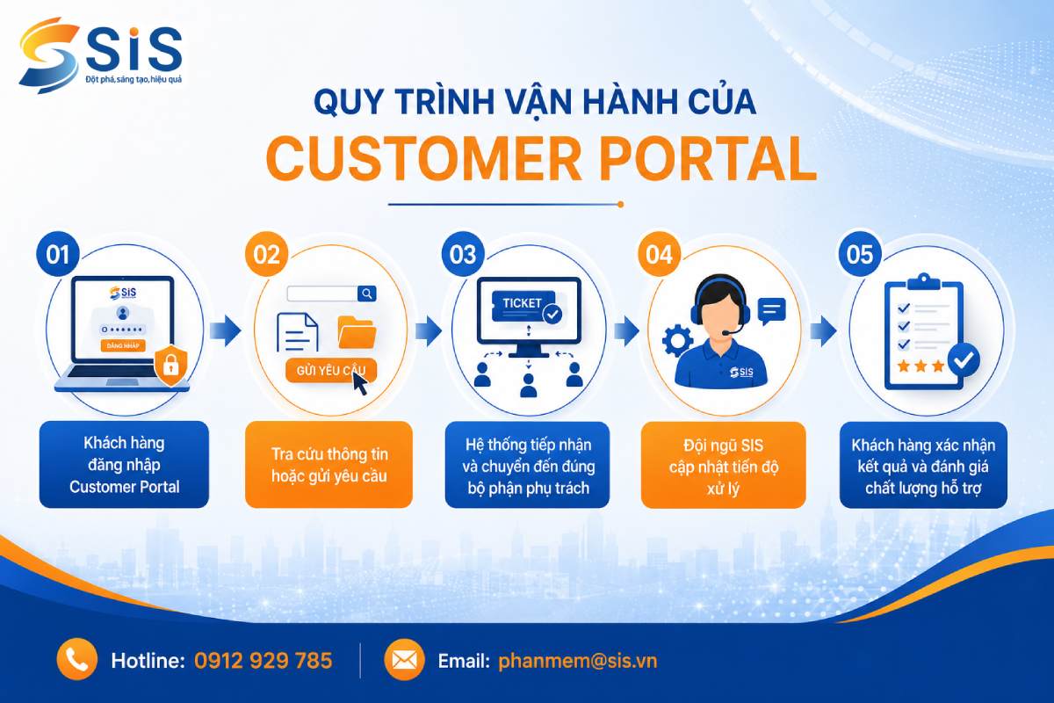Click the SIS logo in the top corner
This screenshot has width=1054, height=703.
pos(100,55)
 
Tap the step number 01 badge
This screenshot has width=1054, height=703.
pos(58,255)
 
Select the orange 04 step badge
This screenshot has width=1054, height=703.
pos(659,255)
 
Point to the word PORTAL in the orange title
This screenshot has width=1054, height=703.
pos(707,159)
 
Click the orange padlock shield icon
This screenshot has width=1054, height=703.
pos(170,365)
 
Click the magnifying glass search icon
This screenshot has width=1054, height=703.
pos(367,294)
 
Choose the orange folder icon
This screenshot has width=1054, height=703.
pos(357,332)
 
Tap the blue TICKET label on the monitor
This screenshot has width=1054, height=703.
pos(523,303)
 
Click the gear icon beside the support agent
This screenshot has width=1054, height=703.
pos(677,341)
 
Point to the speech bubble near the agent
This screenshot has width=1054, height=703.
pos(772,311)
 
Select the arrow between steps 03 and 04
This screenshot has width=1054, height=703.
pos(626,330)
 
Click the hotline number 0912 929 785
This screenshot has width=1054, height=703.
pos(263,660)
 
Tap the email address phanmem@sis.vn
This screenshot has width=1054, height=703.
pos(577,661)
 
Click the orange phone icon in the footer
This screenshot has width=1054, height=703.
pos(77,659)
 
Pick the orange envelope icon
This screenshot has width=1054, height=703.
pos(404,660)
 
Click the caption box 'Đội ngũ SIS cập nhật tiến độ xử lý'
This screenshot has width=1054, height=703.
pos(723,465)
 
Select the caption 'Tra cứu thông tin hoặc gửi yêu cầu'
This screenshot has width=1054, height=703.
pos(328,465)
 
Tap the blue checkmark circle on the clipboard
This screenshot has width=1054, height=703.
pos(964,360)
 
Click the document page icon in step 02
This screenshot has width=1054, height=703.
pos(298,332)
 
